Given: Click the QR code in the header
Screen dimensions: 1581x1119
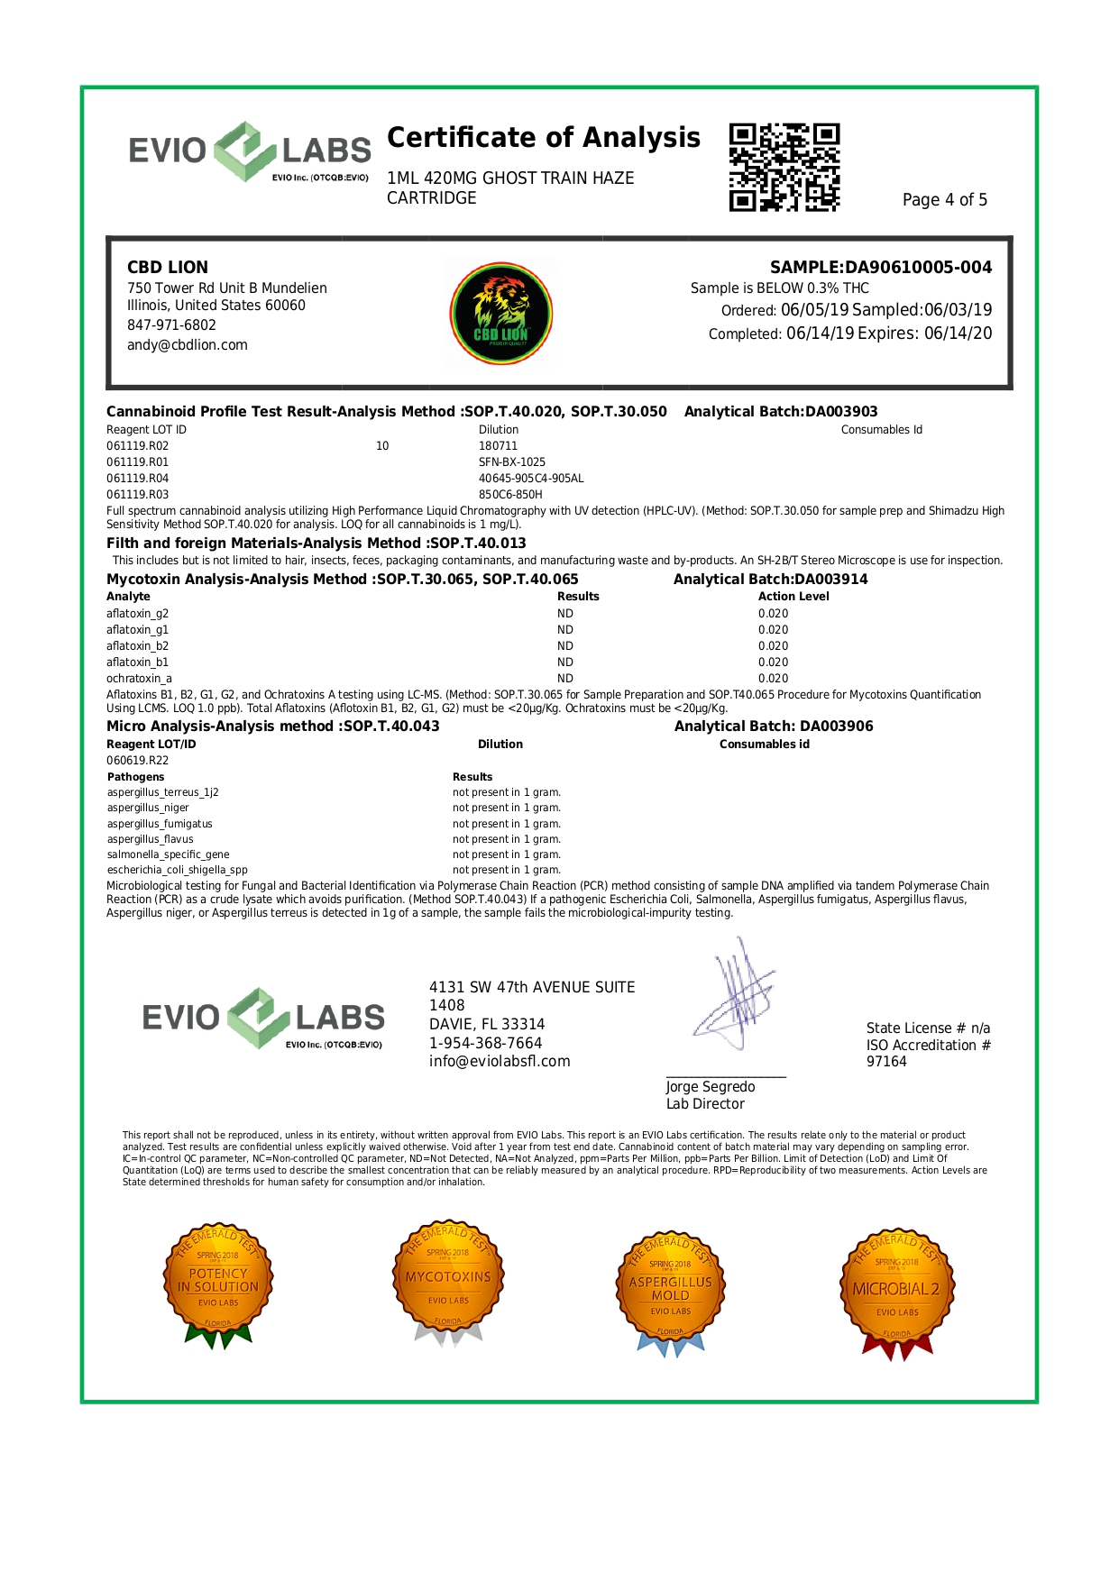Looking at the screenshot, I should (x=784, y=168).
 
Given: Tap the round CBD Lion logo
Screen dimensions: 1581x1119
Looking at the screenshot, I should (x=501, y=314).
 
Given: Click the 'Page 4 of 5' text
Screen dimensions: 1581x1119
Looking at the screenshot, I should (x=944, y=199).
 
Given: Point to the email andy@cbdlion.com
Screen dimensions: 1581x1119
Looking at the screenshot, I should (x=188, y=344).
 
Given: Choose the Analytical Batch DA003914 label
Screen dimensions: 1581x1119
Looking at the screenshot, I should (x=770, y=579).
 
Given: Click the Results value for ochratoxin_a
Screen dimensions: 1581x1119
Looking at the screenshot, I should (x=565, y=678).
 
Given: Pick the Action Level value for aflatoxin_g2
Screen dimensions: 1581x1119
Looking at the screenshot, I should (x=773, y=613).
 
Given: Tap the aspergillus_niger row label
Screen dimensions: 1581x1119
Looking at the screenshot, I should (x=148, y=808).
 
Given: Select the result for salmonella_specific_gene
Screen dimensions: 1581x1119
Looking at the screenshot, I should (x=506, y=854).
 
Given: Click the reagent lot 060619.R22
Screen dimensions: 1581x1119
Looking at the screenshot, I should (x=138, y=760).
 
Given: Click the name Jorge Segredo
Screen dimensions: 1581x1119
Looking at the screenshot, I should (x=711, y=1086).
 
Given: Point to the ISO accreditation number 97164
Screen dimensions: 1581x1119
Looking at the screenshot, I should (x=886, y=1061).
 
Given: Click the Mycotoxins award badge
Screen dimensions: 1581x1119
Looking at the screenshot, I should (x=448, y=1280).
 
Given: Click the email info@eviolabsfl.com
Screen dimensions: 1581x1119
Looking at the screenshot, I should (x=500, y=1061).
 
